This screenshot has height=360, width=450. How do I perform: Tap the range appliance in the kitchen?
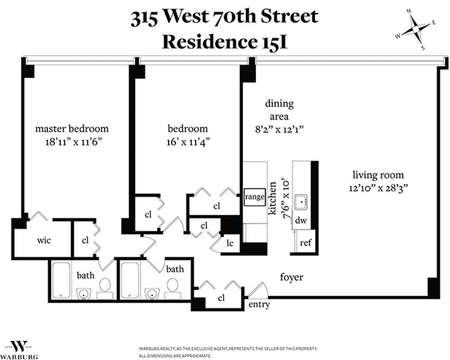coord(255,197)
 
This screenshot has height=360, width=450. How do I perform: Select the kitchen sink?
coord(301,202)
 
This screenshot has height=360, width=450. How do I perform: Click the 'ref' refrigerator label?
coord(305,243)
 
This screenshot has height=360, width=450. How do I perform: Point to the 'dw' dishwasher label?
coord(301,220)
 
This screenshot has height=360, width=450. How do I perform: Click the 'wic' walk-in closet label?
coord(44,240)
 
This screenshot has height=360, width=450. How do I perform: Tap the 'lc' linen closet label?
coord(230,243)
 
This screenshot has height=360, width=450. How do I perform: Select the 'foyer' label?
coord(291,277)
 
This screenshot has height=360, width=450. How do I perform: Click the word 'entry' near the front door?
coord(259,304)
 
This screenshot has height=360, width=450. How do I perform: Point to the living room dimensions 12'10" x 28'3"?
coord(378,188)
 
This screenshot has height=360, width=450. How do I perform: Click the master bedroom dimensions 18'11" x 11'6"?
coord(74,142)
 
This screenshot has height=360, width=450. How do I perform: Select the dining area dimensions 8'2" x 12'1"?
coord(279,129)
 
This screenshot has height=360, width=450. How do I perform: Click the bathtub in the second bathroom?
coord(130,281)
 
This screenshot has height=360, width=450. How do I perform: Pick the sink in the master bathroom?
coord(83,294)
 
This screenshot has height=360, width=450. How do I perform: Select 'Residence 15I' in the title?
coord(225,42)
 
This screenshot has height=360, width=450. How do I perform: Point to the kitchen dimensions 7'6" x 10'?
coord(286,200)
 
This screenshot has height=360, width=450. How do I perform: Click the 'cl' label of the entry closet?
coord(221,298)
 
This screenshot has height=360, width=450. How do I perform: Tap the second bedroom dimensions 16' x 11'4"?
coord(188,142)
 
